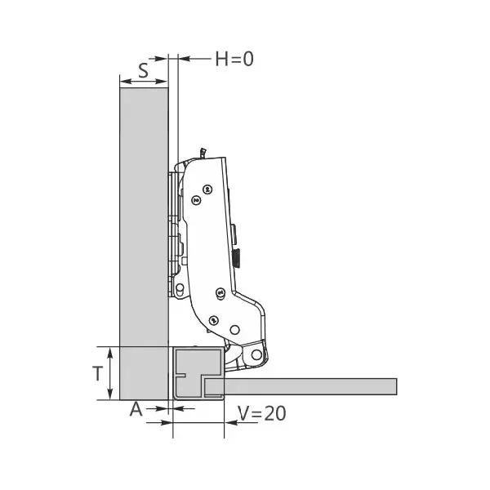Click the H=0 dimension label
tap(234, 59)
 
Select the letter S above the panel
tap(144, 70)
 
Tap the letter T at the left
tap(98, 373)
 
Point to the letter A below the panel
tap(136, 409)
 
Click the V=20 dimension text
tap(262, 413)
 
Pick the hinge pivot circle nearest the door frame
tap(256, 354)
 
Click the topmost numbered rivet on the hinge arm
tap(207, 189)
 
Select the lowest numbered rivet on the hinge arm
tap(214, 320)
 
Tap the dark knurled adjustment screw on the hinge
tap(237, 257)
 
